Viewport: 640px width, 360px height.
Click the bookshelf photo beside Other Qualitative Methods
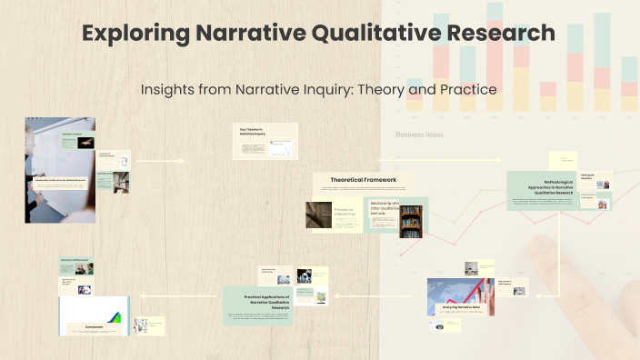coord(411,221)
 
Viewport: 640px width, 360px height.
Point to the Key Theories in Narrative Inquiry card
coord(265,141)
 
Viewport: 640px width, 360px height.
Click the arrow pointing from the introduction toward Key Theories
coord(160,161)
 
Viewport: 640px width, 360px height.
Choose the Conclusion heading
coord(95,325)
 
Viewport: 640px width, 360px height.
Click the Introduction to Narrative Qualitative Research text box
coord(61,180)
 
